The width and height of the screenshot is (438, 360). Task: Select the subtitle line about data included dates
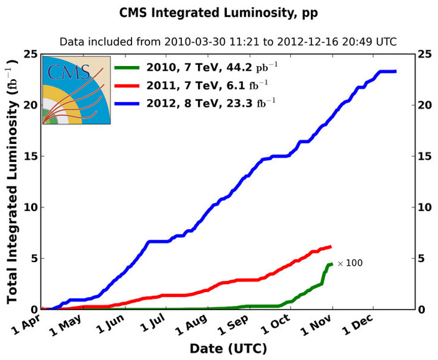click(228, 42)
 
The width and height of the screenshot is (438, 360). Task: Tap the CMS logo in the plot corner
click(76, 90)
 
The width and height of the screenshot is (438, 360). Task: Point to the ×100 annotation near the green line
click(350, 263)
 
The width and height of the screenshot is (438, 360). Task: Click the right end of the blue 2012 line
click(395, 72)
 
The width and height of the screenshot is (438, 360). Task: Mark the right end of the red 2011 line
click(330, 247)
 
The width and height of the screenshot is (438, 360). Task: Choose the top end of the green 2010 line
click(331, 264)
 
